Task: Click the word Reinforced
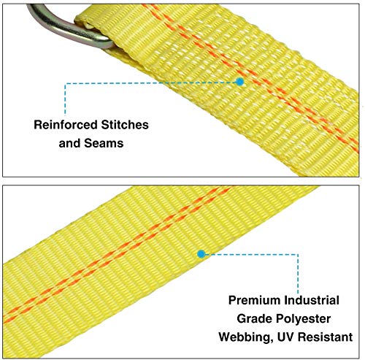(x=66, y=125)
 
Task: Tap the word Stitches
(x=125, y=125)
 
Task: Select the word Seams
(x=104, y=143)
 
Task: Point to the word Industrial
(x=312, y=300)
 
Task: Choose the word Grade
(x=254, y=318)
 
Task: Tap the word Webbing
(x=246, y=337)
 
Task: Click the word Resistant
(x=326, y=337)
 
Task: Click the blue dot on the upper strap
(x=240, y=82)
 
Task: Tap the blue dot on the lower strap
(x=201, y=254)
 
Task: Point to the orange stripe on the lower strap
(x=117, y=253)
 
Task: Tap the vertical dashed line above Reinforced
(x=65, y=99)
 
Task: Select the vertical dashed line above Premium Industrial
(x=298, y=274)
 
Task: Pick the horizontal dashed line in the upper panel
(x=151, y=83)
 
